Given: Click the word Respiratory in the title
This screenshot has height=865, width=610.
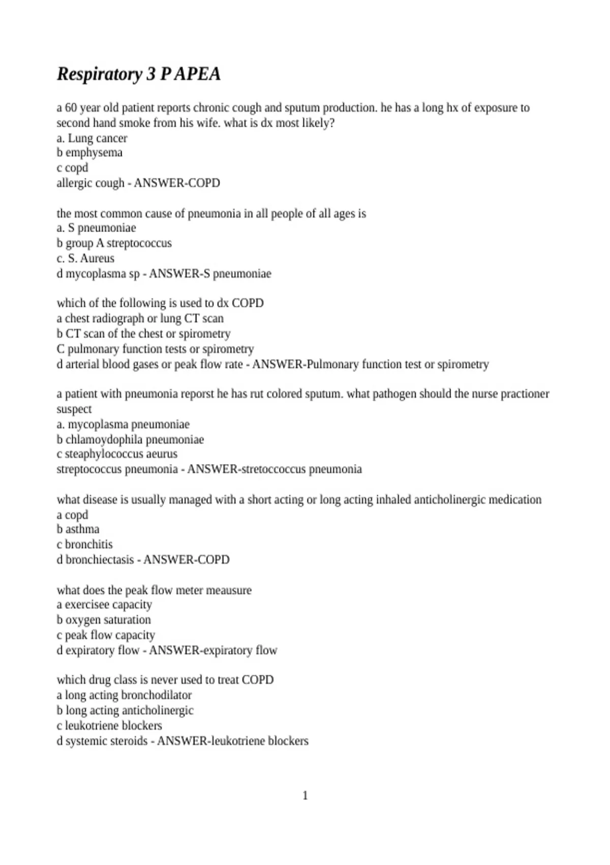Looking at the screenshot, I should point(100,74).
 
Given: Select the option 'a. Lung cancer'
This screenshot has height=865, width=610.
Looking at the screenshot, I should point(92,138).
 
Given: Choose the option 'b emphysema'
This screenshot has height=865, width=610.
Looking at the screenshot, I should point(89,153).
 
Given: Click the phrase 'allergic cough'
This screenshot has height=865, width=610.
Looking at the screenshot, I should point(90,183).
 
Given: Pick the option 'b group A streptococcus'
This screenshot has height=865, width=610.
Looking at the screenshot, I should point(114,243).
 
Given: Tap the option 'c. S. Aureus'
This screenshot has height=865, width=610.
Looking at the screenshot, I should point(85,258).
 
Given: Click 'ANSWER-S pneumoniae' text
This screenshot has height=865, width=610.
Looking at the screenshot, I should point(210,273).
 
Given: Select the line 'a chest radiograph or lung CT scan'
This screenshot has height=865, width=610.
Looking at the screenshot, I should point(140,318).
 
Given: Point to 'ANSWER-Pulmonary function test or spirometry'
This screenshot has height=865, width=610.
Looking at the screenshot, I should point(370,364).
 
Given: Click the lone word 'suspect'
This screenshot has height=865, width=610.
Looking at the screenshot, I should point(74,409).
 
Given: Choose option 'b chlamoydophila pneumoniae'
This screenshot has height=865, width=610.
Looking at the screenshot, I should point(130,439).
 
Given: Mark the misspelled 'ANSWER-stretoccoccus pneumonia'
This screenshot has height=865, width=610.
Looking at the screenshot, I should point(274,469).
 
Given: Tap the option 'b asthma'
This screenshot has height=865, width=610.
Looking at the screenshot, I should point(78,529).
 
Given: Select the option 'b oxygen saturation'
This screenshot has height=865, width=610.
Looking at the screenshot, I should point(104,620).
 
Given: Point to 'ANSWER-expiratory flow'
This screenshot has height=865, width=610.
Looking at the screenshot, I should point(213,650).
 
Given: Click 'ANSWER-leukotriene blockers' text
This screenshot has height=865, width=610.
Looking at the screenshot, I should point(232,740).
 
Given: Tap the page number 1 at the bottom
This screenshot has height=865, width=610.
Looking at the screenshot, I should point(305,795).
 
